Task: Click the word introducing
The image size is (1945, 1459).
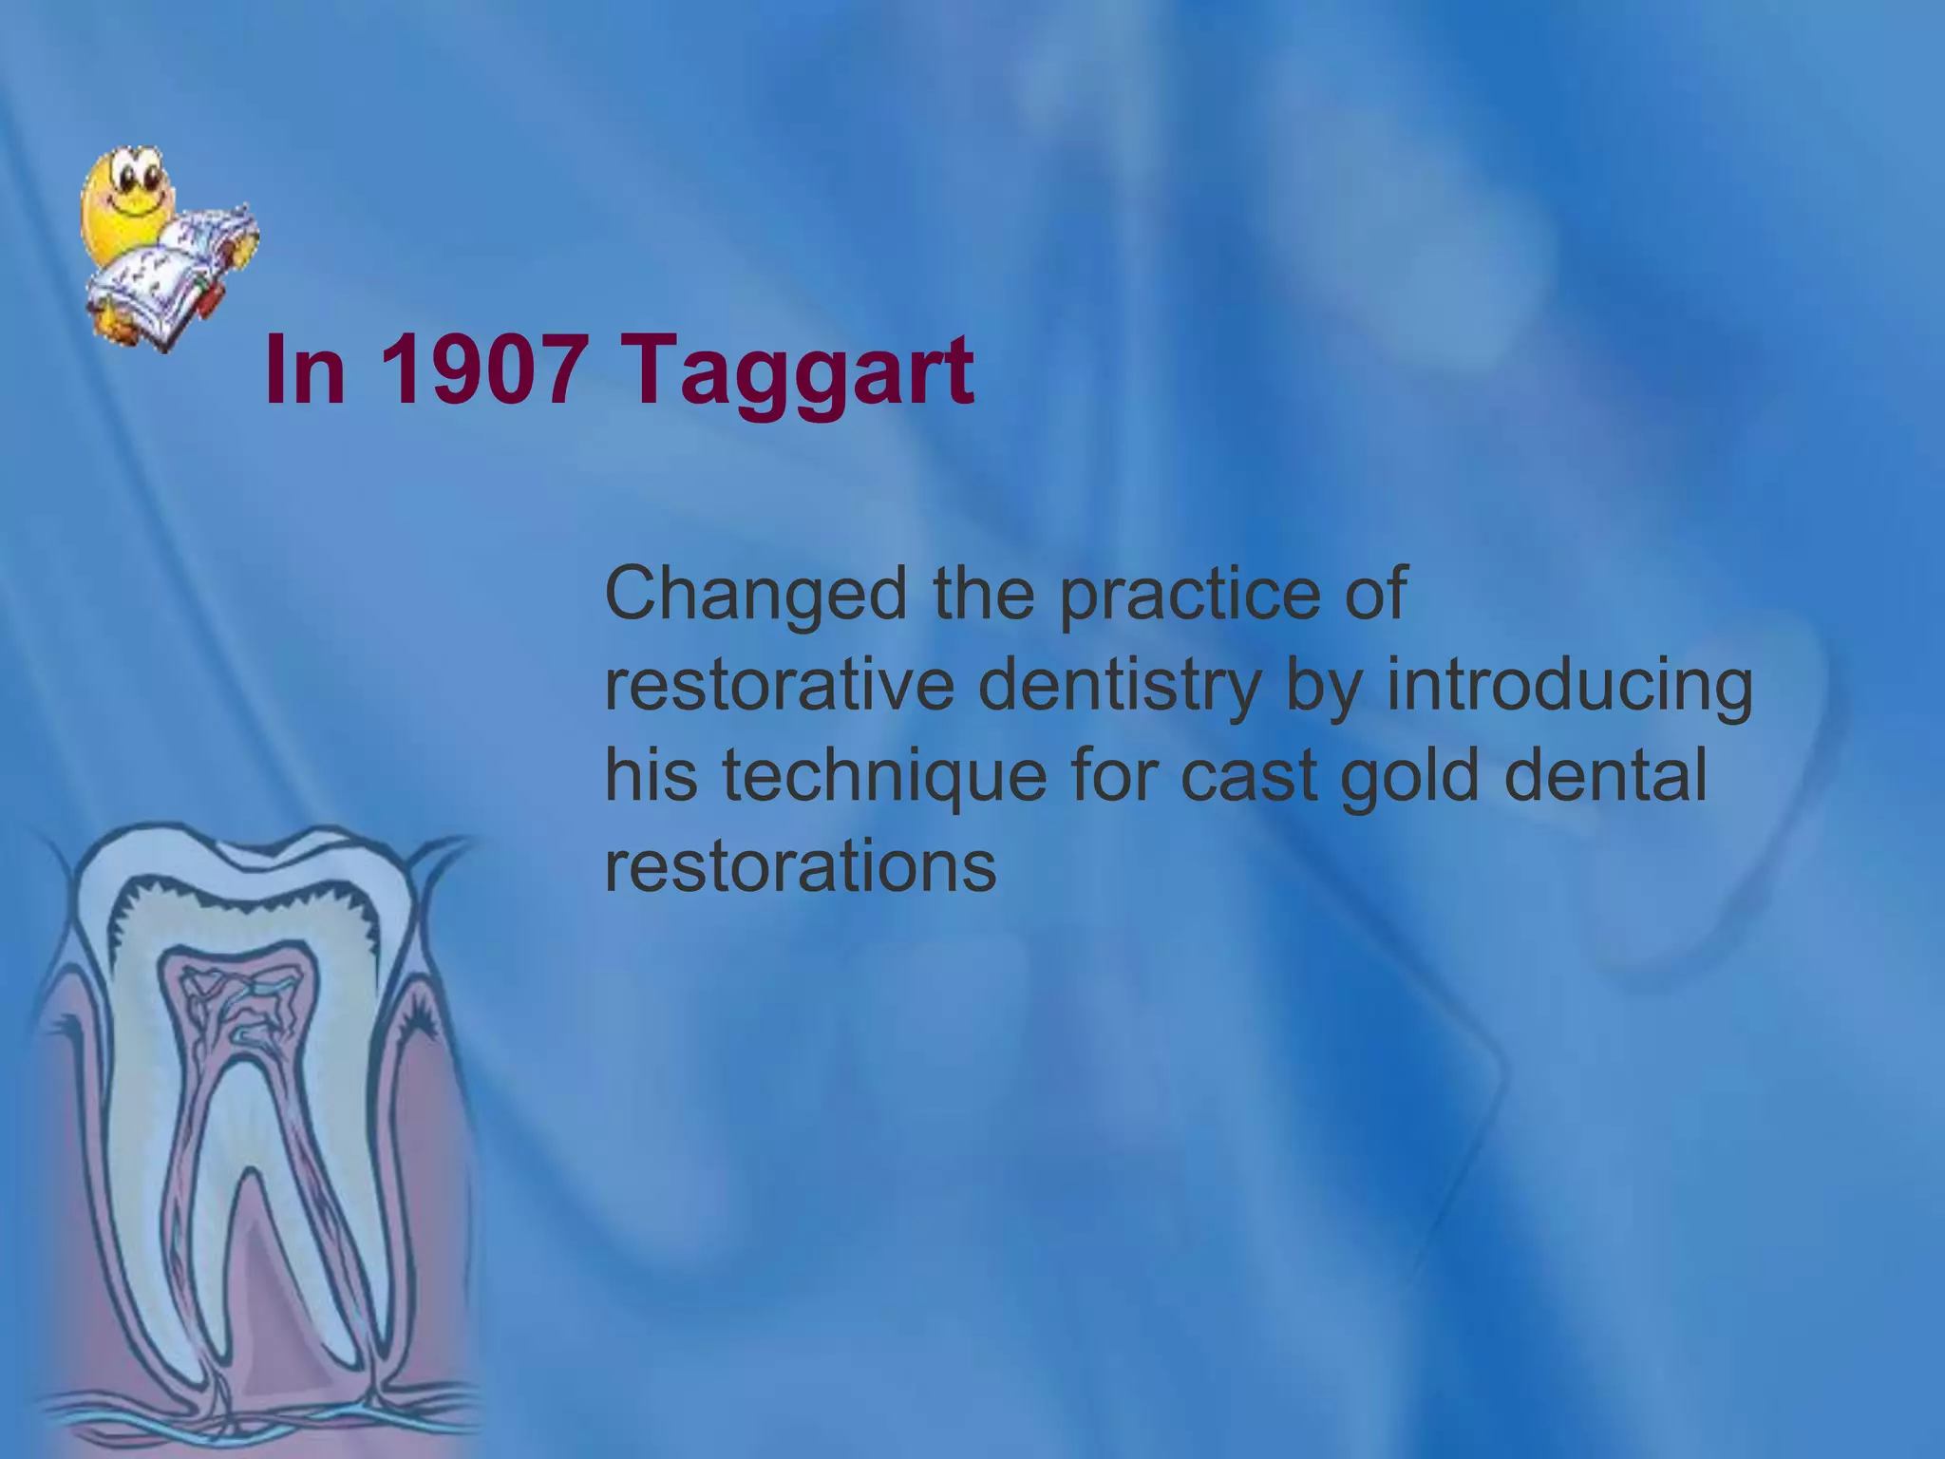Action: click(1569, 687)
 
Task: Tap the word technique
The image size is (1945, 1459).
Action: click(883, 777)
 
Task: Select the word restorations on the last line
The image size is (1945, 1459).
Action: click(800, 865)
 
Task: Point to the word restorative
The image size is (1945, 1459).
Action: click(779, 687)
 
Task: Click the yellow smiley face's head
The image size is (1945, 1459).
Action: click(127, 195)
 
